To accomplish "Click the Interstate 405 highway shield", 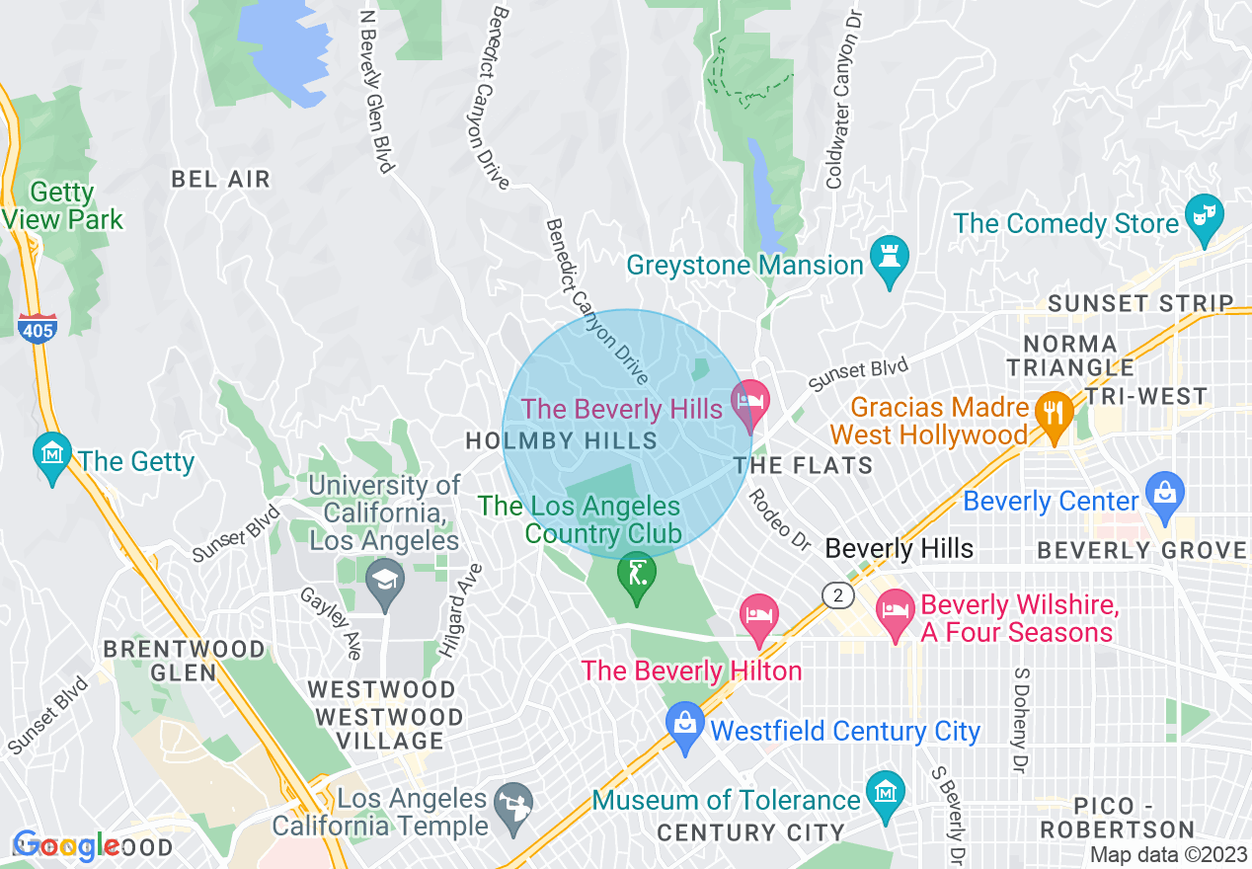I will pos(37,328).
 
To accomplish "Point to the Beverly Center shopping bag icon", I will pos(1165,494).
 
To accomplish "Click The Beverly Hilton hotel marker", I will pos(758,617).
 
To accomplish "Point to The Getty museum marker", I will pos(51,454).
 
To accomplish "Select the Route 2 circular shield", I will pos(838,594).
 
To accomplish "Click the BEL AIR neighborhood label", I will pos(220,179).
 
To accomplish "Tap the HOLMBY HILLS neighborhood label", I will pos(561,441).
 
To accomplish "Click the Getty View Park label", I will pos(64,205).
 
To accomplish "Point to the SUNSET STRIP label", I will pos(1140,303).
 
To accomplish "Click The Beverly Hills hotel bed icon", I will pos(749,402).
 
